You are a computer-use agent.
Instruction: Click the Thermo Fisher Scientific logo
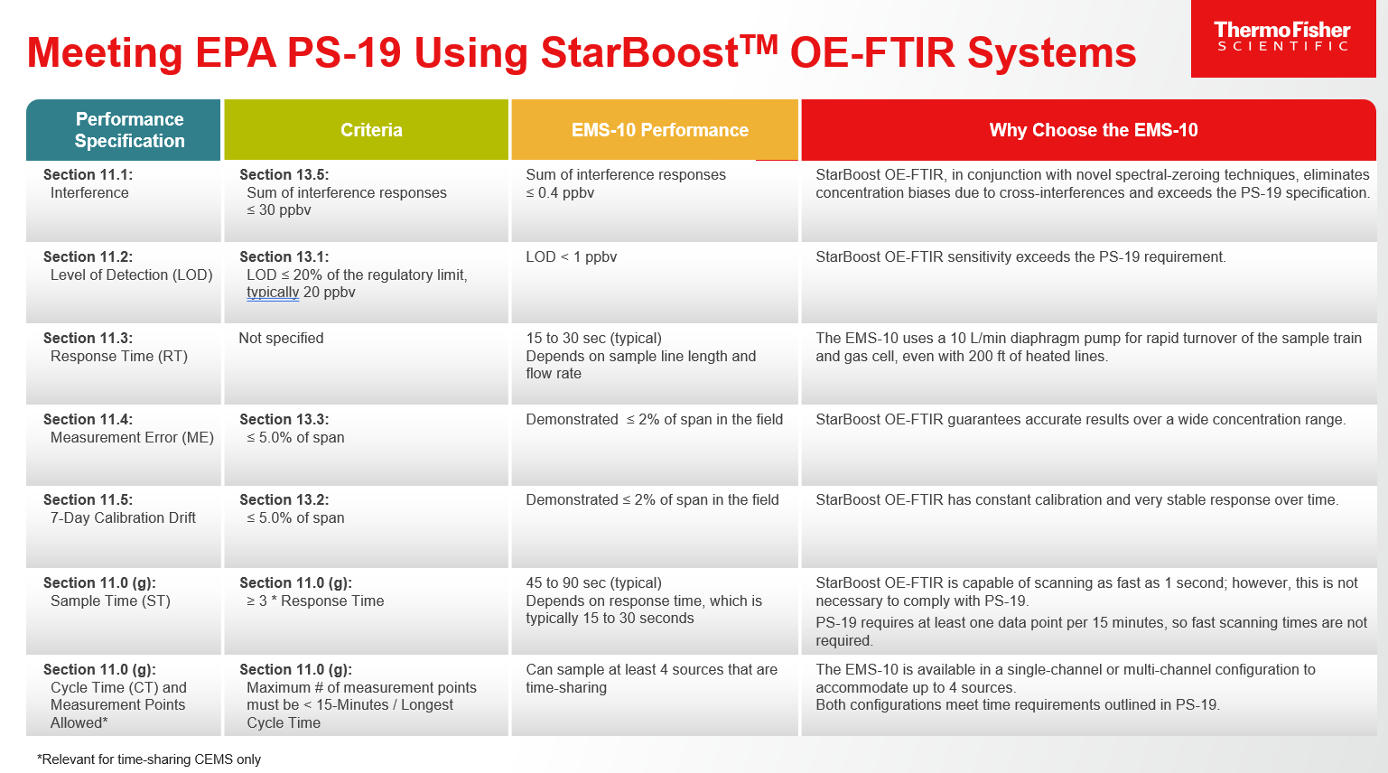pos(1282,39)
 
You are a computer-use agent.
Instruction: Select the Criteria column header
pos(371,130)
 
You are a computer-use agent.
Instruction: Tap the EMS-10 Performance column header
pos(660,130)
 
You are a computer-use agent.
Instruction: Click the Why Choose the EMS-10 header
pos(1093,130)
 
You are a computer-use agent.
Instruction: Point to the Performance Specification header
pos(129,130)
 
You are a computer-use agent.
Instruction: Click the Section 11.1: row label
pos(88,174)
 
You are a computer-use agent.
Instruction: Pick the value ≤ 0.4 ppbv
pos(560,192)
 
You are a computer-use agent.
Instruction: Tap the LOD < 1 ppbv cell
pos(572,257)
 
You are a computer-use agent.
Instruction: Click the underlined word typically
pos(273,293)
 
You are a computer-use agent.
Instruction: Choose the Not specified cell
pos(281,338)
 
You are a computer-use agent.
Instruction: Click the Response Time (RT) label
pos(119,356)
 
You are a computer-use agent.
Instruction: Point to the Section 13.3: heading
pos(284,419)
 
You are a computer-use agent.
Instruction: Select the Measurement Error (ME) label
pos(132,437)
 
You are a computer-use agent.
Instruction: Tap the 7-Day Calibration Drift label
pos(123,517)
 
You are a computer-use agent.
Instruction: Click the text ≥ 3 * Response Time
pos(315,601)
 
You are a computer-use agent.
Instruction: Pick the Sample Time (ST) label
pos(110,601)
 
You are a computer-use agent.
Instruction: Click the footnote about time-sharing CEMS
pos(149,759)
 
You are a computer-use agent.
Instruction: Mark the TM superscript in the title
pos(759,44)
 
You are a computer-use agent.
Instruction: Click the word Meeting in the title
pos(105,52)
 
